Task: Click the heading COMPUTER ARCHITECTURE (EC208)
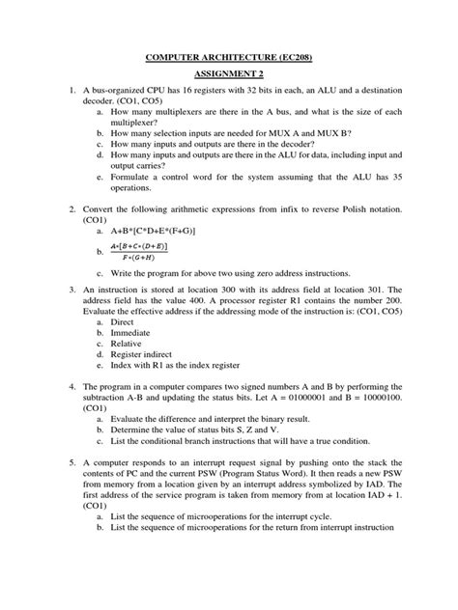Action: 229,59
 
